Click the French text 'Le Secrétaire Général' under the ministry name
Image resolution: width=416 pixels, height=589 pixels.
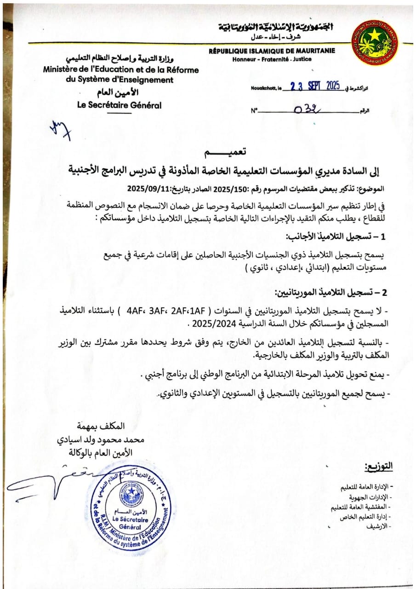click(120, 105)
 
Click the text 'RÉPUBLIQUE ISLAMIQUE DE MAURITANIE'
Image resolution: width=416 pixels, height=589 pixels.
click(272, 51)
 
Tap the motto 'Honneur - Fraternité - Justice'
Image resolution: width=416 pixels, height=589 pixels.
click(272, 59)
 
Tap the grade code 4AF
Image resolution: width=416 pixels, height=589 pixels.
click(135, 309)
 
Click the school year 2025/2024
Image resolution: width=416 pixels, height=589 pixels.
click(208, 323)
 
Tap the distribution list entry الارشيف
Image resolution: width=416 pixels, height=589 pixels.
click(378, 525)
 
